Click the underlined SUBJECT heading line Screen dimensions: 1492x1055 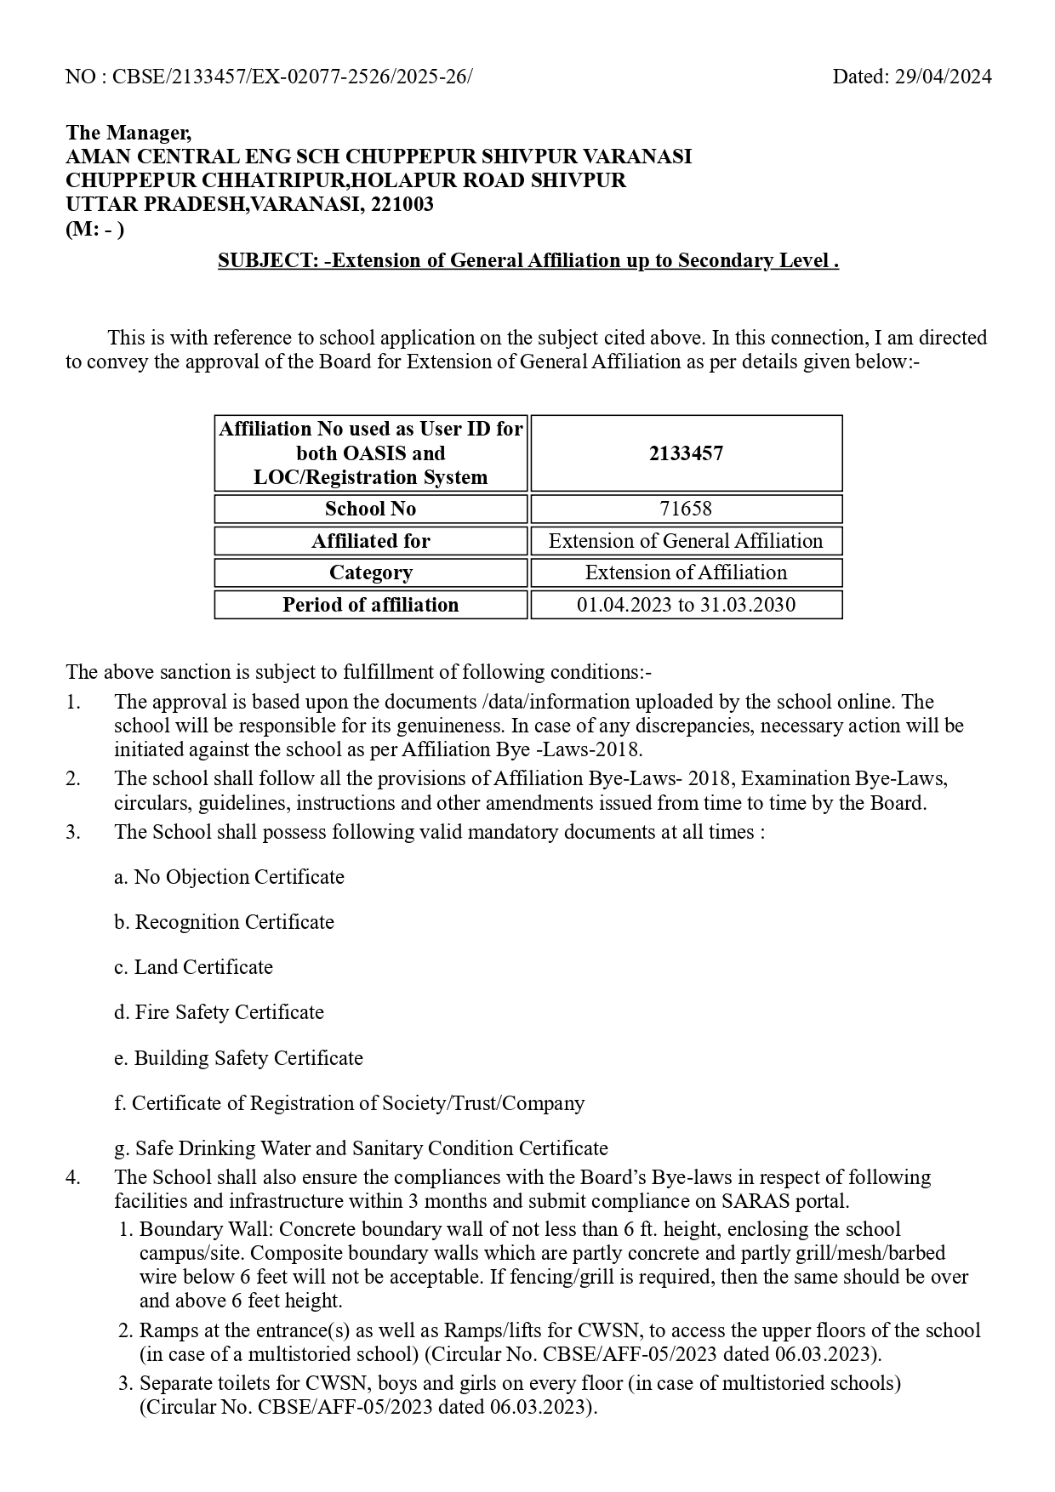[528, 260]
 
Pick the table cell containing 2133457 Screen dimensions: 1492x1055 [686, 453]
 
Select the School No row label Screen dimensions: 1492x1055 [370, 509]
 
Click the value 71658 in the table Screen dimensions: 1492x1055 [686, 509]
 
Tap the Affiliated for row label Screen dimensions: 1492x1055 [370, 541]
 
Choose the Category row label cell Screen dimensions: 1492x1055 [370, 572]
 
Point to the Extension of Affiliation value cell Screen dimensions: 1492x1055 [686, 572]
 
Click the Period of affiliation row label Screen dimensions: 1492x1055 [370, 605]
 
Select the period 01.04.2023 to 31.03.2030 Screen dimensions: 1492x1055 [686, 605]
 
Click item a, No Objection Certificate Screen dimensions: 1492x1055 [230, 877]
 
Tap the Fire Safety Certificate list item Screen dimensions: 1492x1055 [220, 1012]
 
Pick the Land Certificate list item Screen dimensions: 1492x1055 [194, 967]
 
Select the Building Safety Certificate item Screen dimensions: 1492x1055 [239, 1058]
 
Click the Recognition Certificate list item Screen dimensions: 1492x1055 [225, 922]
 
